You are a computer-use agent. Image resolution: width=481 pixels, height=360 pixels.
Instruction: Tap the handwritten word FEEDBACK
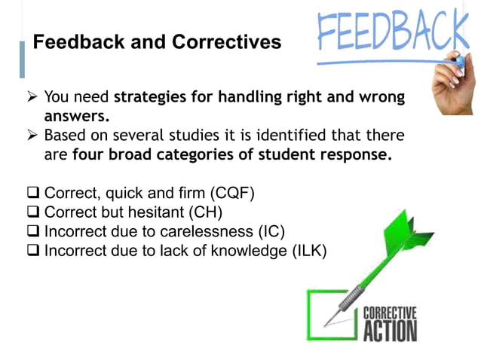click(x=392, y=30)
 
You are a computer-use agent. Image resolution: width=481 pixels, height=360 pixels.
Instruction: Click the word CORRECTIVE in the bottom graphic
click(x=390, y=313)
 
